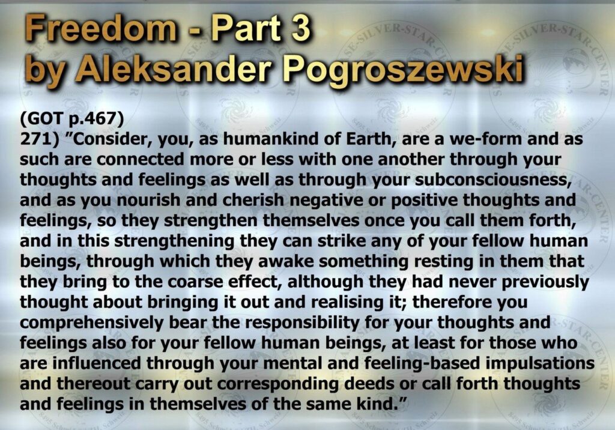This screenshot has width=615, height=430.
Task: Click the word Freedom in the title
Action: click(101, 29)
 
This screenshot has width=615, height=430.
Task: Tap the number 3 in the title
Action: click(300, 29)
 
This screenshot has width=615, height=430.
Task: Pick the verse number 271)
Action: click(40, 139)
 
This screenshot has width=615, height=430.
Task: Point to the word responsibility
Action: click(303, 323)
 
